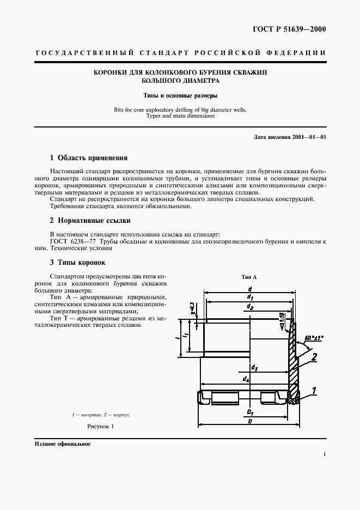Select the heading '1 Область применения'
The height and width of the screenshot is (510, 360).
pos(88,158)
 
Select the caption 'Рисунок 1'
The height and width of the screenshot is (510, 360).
pos(100,427)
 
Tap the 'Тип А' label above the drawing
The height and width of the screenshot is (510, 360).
pos(249,277)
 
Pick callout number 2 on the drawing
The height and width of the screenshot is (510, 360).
pos(314,357)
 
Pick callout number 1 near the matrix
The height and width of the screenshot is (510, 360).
pos(315,390)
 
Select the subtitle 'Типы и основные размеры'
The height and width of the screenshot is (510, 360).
pos(180,95)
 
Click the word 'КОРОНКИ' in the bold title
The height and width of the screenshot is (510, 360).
pos(111,72)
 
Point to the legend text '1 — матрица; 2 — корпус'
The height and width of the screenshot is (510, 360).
pos(100,415)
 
